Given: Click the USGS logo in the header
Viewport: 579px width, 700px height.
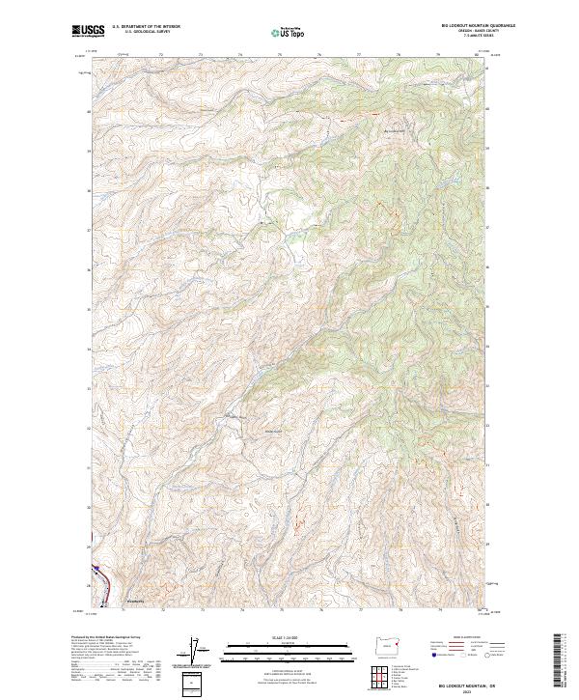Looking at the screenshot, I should (88, 31).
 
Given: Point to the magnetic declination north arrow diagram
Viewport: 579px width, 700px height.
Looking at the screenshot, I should (196, 654).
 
